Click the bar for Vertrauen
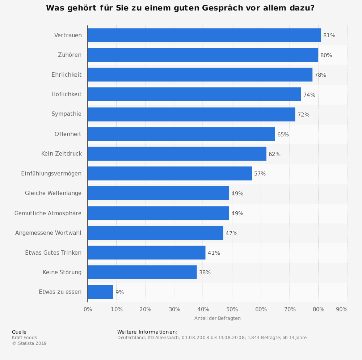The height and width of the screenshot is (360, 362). [x=204, y=35]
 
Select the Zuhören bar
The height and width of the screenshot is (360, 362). [x=203, y=55]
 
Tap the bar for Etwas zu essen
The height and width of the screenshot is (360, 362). [x=100, y=292]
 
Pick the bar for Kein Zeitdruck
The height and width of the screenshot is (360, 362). [x=177, y=154]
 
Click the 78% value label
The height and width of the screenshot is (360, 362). [x=320, y=75]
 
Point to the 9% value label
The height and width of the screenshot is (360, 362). [x=119, y=292]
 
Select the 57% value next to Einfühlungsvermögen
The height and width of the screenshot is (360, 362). [x=260, y=174]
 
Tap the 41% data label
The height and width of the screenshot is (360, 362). [x=214, y=253]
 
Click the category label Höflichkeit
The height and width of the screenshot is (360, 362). [x=67, y=94]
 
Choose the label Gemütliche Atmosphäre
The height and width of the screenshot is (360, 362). [x=48, y=213]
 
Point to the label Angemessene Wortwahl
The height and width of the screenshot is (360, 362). [x=48, y=233]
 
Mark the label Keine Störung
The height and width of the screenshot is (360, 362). [x=62, y=272]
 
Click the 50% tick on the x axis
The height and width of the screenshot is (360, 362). [x=232, y=309]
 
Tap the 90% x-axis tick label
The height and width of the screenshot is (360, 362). [x=342, y=309]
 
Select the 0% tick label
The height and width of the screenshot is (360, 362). [x=88, y=309]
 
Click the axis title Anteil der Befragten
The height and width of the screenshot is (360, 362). [x=217, y=318]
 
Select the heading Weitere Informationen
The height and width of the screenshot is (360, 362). [x=147, y=332]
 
